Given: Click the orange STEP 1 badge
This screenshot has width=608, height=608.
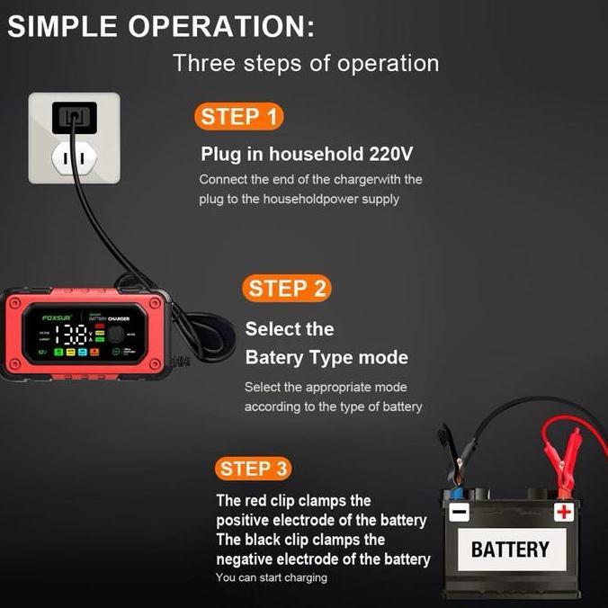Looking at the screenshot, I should (238, 117).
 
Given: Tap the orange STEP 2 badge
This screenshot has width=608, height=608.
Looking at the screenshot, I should (286, 289).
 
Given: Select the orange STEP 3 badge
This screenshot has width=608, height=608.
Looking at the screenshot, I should (255, 469).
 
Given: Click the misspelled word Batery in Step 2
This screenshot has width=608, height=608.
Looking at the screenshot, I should (273, 358).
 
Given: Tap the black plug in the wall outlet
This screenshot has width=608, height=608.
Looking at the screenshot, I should (74, 116).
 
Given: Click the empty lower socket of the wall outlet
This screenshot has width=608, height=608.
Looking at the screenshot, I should (74, 158).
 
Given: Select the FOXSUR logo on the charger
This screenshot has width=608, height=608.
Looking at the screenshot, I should (57, 317).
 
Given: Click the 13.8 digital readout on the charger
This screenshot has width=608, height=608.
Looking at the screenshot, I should (71, 335).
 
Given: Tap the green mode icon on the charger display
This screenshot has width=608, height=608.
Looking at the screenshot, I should (58, 352).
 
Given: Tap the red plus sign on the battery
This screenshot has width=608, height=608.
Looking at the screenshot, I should (564, 513).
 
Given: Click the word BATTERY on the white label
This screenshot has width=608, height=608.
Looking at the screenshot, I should (510, 550).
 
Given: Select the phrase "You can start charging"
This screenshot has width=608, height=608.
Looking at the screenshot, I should (272, 577).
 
